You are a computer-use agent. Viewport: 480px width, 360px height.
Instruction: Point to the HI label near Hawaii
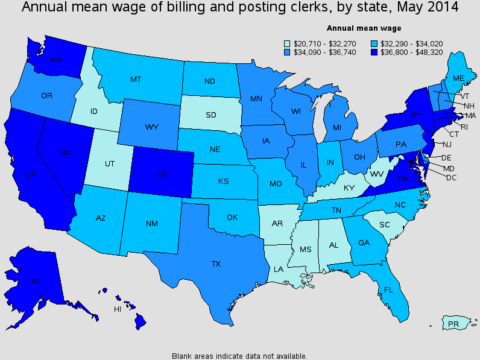pos(118,309)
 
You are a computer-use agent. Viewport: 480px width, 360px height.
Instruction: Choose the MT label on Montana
pos(136,79)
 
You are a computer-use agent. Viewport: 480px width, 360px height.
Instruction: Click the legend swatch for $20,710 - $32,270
pos(288,43)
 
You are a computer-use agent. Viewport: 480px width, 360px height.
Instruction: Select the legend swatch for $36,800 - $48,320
pos(373,52)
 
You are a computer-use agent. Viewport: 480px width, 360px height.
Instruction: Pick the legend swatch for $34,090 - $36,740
pos(288,52)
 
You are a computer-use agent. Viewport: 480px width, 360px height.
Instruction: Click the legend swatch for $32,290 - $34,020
pos(373,43)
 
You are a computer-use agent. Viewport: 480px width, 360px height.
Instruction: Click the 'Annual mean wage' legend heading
pos(364,28)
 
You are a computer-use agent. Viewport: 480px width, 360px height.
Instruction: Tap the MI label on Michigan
pos(337,128)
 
